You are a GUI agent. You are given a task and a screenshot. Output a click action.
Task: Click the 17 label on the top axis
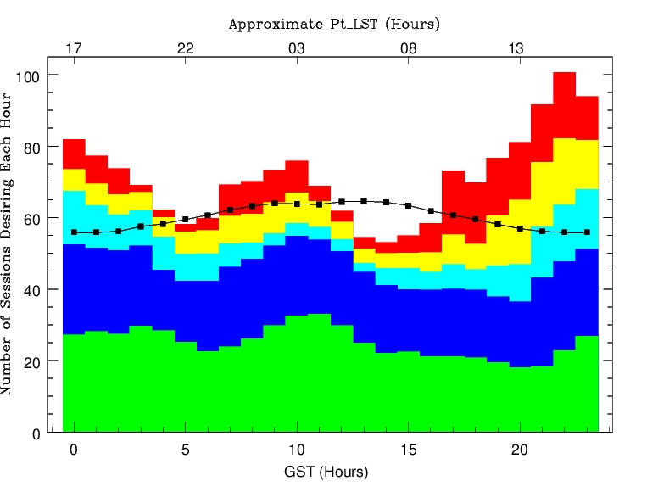[x=74, y=48]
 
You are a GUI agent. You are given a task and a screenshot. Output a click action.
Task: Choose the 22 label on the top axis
[x=186, y=48]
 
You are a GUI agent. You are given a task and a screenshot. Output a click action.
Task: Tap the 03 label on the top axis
[x=297, y=48]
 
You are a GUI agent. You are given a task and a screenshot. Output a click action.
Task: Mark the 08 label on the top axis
[x=409, y=48]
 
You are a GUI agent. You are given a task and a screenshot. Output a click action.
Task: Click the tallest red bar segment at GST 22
[x=565, y=105]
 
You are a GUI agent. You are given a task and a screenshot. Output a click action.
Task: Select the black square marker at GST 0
[x=75, y=232]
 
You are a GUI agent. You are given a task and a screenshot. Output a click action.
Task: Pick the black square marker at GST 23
[x=587, y=232]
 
